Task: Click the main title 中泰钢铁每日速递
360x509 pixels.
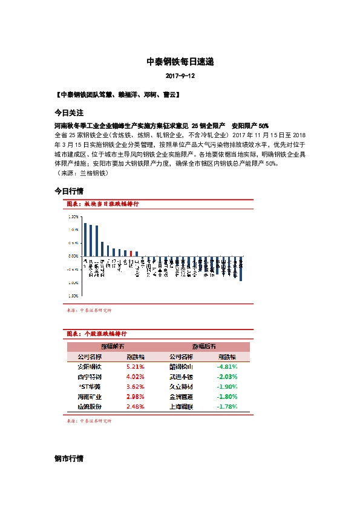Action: coord(180,62)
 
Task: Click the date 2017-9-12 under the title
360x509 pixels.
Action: coord(180,77)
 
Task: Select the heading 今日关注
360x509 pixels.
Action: coord(68,112)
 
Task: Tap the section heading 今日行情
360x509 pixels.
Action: coord(68,191)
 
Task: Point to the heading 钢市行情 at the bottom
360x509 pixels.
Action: coord(68,459)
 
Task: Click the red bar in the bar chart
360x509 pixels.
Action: coord(131,253)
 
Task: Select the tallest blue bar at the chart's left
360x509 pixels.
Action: coord(85,239)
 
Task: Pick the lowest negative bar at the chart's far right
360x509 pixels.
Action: coord(241,269)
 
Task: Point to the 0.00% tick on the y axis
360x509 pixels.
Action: coord(73,256)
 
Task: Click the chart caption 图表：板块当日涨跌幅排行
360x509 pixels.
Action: coord(102,205)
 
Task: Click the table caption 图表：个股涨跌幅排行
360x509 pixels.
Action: coord(96,333)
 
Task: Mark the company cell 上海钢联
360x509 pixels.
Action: coord(182,407)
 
